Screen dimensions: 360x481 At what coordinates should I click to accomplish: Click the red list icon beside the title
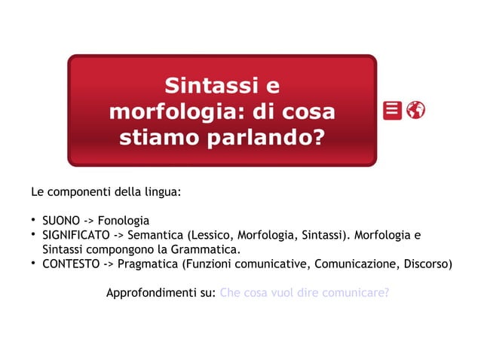click(392, 110)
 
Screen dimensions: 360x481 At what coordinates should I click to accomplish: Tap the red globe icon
click(415, 110)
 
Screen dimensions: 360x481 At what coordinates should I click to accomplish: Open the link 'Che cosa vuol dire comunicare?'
click(304, 292)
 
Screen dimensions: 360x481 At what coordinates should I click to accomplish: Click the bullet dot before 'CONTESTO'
click(34, 264)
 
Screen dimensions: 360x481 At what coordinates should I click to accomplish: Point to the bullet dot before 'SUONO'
click(34, 220)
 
